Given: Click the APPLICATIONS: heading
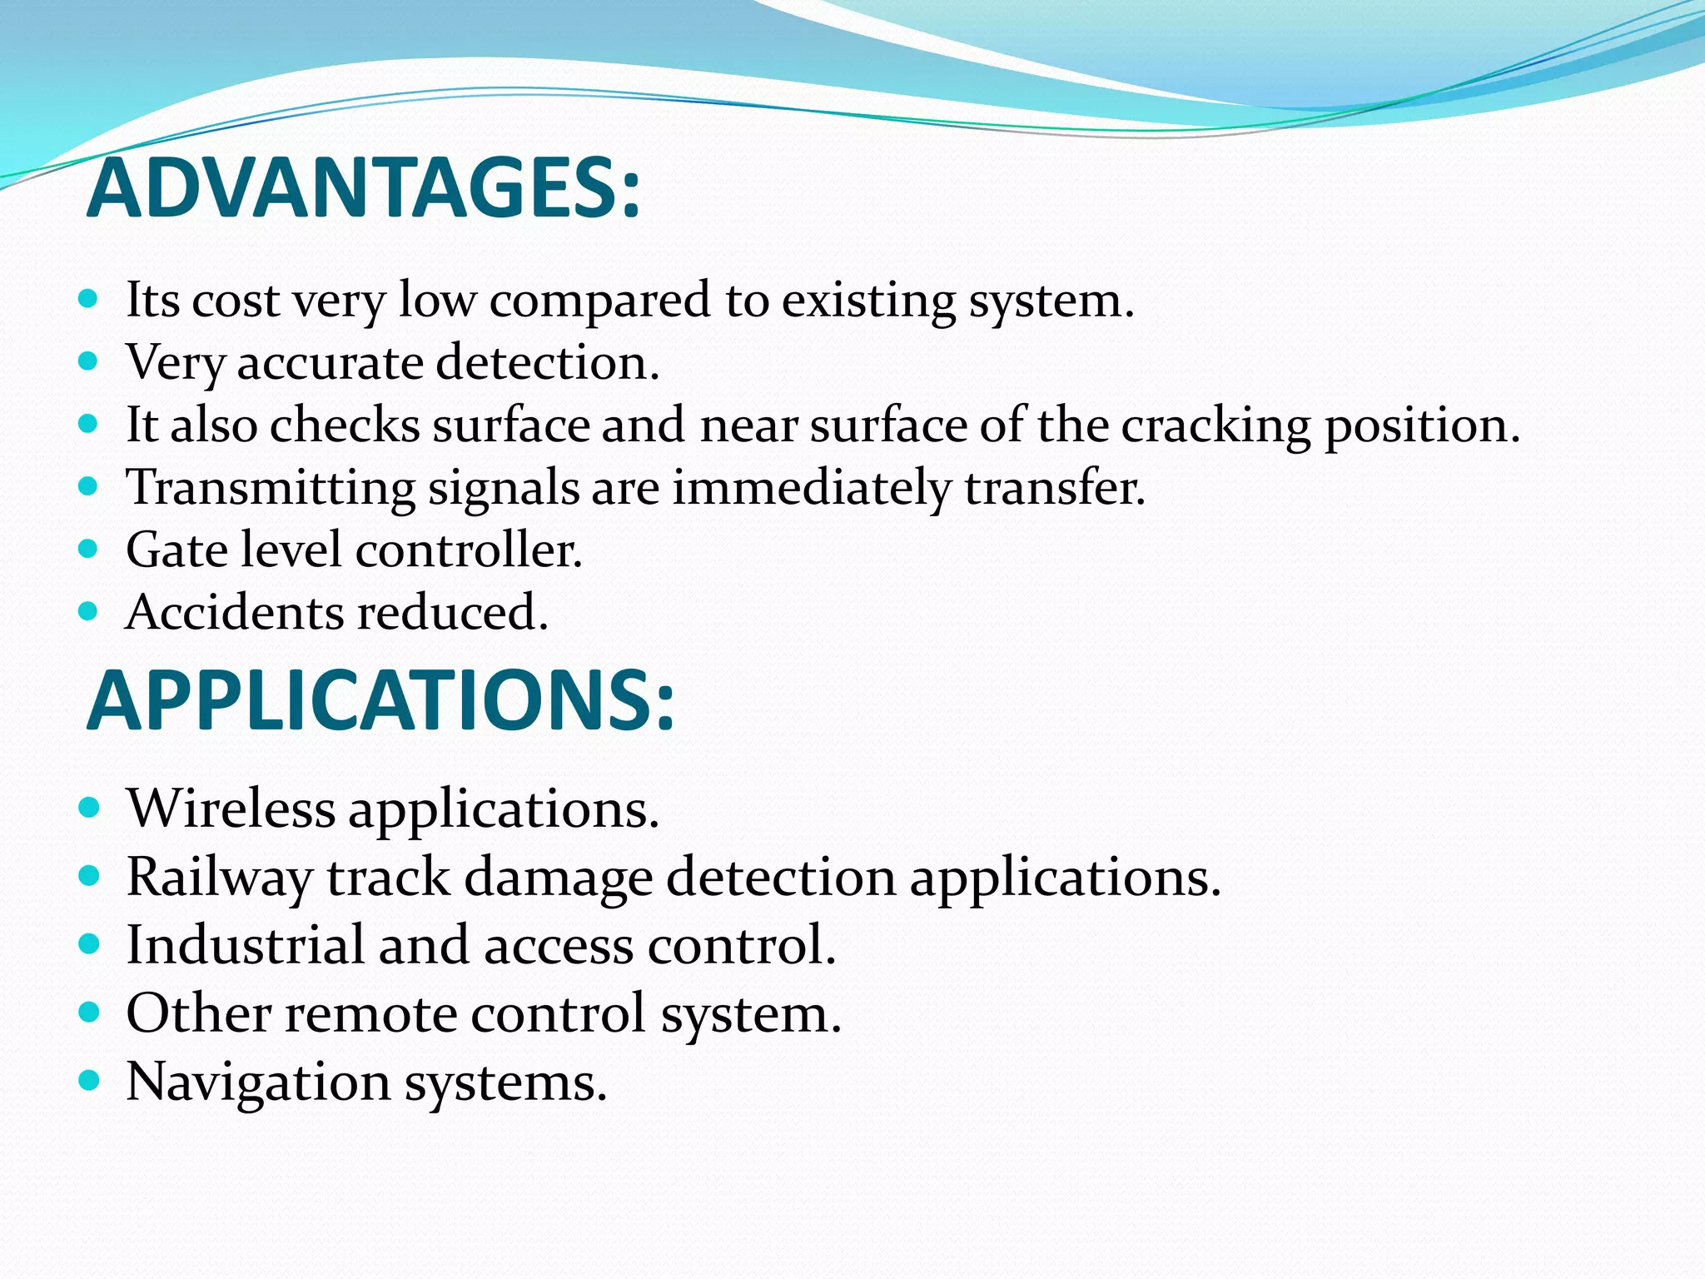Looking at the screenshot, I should coord(380,701).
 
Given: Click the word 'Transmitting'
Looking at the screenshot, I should coord(271,488).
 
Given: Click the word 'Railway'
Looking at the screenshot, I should coord(219,878).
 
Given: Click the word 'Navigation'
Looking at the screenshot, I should coord(258,1082).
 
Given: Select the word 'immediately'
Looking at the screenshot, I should coord(812,488).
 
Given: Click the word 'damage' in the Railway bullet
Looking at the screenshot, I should coord(558,878).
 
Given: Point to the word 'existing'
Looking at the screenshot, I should coord(868,301).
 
